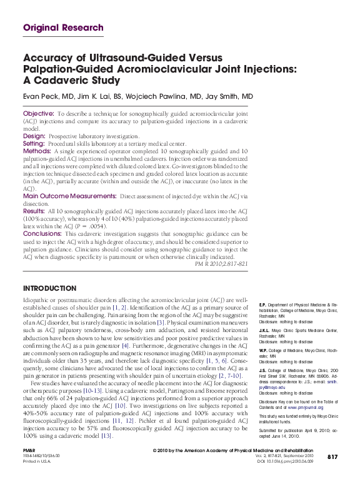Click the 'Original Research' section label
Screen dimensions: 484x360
(63, 28)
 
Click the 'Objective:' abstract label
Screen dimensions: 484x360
(39, 114)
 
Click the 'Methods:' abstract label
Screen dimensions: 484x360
(37, 151)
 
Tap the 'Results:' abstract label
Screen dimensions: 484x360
(35, 211)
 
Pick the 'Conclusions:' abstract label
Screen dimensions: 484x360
(42, 233)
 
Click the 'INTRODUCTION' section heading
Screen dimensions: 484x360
(49, 288)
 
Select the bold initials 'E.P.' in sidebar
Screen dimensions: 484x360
(263, 304)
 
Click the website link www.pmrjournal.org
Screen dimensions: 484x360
(306, 406)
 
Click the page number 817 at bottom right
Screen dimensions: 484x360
(332, 458)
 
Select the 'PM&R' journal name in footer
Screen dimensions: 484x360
(29, 450)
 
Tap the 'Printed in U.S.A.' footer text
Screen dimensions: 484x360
(37, 462)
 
